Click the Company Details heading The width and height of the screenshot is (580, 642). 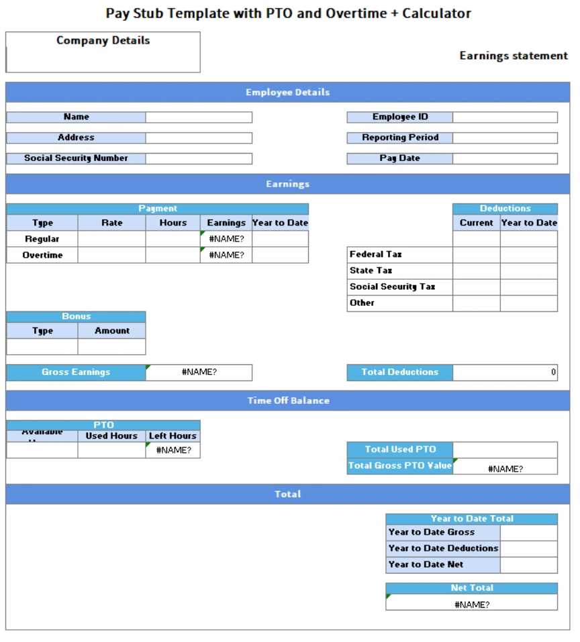coord(103,40)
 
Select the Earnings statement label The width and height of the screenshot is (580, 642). coord(514,56)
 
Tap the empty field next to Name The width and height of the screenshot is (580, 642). coord(199,117)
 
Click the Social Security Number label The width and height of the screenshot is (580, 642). coord(76,158)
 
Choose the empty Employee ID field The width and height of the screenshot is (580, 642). coord(505,117)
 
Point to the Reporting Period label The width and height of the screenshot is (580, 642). coord(400,138)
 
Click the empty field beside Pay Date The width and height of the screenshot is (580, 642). coord(505,159)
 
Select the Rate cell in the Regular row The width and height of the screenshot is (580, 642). coord(111,239)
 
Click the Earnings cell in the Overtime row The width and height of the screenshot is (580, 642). coord(226,255)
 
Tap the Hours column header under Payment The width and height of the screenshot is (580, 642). coord(173,223)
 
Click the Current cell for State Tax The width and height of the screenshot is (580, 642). coord(477,271)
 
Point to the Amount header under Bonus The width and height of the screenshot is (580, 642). coord(112,331)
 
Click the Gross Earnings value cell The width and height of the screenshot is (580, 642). coord(199,372)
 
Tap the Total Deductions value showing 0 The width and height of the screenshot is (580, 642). coord(505,372)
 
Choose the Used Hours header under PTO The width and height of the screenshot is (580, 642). coord(111,436)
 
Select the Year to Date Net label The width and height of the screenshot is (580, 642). coord(426,565)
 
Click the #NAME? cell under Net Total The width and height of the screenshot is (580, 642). coord(471,604)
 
